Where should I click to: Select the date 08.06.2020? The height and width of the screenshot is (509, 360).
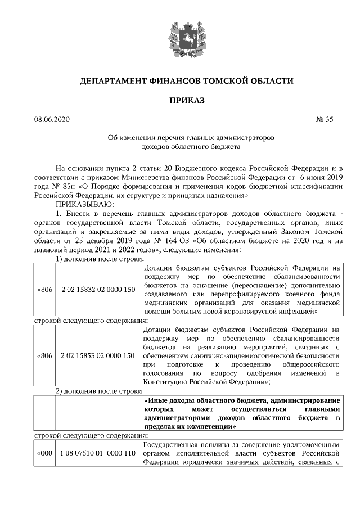[x=51, y=119]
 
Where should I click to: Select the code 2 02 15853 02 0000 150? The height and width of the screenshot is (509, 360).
[x=98, y=355]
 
